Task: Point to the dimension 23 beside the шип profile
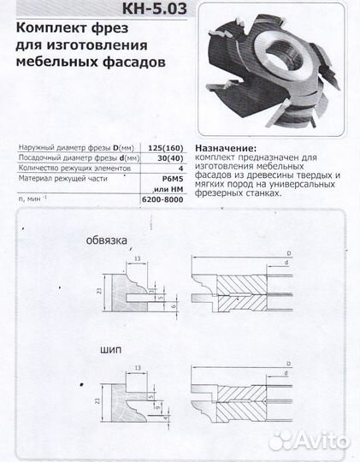pyautogui.click(x=98, y=398)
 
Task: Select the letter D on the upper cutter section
pyautogui.click(x=289, y=253)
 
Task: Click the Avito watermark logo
pyautogui.click(x=309, y=441)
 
